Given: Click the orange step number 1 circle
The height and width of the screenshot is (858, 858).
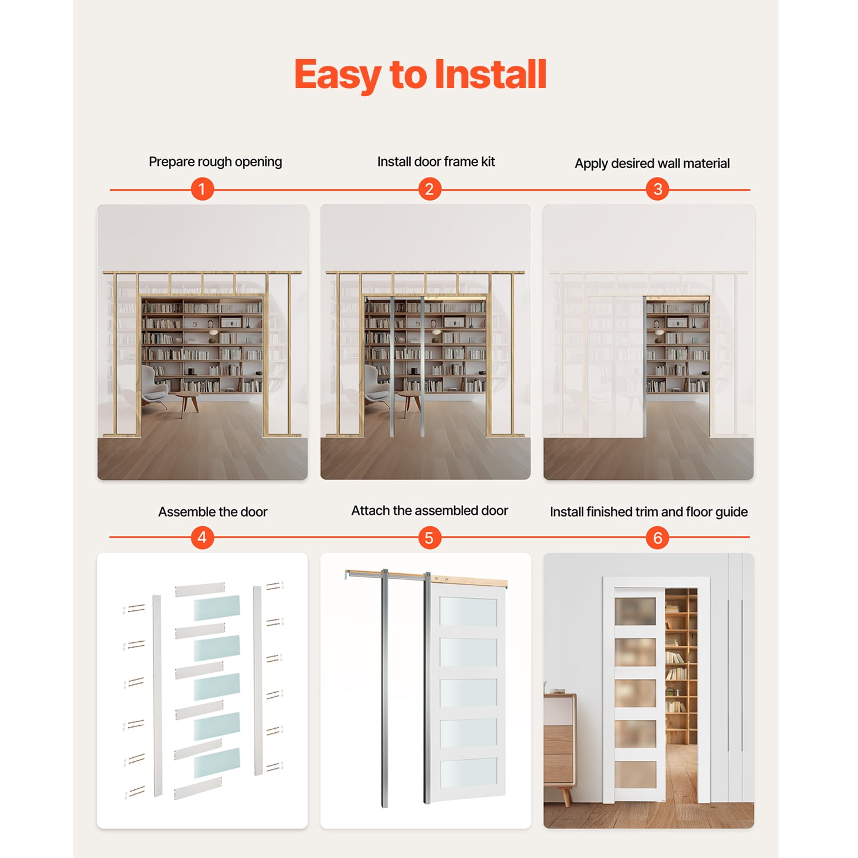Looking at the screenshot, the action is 202,189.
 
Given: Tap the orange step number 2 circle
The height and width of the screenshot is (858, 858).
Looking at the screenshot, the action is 430,189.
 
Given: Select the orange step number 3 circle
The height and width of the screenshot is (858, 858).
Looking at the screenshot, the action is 658,189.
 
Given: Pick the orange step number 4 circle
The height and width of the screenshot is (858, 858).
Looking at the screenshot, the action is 202,538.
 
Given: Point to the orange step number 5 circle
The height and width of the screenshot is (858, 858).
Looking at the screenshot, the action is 430,538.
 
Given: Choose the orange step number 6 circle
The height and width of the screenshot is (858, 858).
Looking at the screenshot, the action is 658,538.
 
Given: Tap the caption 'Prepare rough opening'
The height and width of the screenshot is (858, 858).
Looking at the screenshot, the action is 215,162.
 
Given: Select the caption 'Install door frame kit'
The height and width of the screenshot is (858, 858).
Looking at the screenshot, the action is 436,162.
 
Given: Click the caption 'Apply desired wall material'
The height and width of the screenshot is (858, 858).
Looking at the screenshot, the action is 652,164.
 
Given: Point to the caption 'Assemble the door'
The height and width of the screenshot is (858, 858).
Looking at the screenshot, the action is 213,512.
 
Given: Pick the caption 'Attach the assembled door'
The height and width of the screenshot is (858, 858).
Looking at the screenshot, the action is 430,511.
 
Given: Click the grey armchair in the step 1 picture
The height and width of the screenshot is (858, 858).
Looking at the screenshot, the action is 153,384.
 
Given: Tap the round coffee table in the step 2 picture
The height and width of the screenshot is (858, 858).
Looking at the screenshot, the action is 410,400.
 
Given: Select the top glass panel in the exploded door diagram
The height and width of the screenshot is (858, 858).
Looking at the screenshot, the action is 217,608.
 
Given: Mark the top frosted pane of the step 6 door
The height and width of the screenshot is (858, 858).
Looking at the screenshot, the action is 635,611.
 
